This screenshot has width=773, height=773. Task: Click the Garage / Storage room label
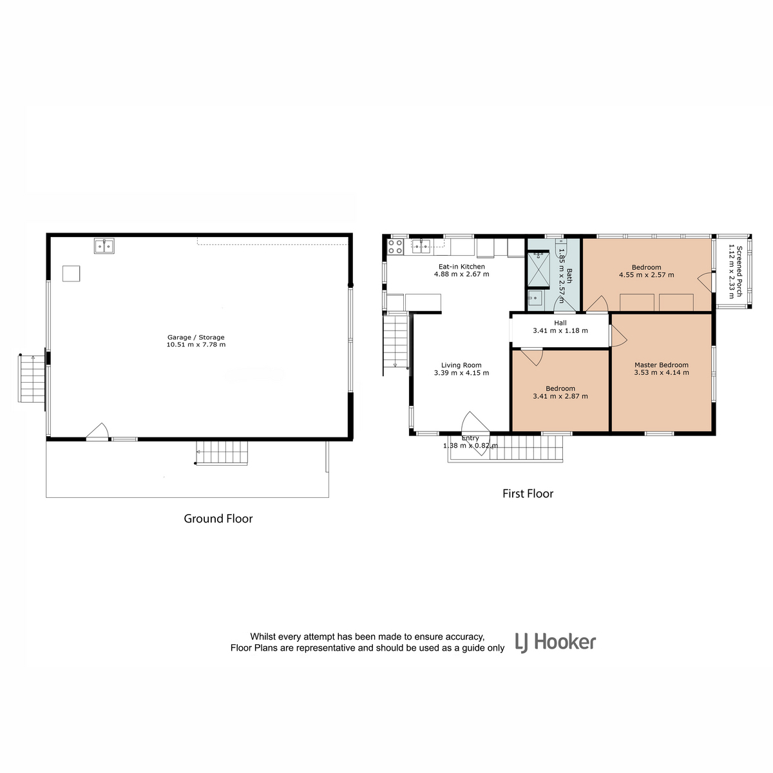pyautogui.click(x=196, y=337)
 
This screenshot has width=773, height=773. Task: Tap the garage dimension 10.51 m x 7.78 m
pyautogui.click(x=196, y=344)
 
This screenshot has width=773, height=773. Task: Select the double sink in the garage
pyautogui.click(x=104, y=246)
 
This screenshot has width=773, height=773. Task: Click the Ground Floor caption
pyautogui.click(x=218, y=519)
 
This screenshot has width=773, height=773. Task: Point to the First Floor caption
pyautogui.click(x=528, y=493)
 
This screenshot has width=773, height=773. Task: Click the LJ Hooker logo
pyautogui.click(x=555, y=642)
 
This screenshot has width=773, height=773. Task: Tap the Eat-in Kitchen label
pyautogui.click(x=461, y=266)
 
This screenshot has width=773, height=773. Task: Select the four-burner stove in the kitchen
pyautogui.click(x=395, y=246)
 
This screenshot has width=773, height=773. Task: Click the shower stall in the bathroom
pyautogui.click(x=538, y=269)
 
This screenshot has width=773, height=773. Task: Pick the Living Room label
pyautogui.click(x=461, y=365)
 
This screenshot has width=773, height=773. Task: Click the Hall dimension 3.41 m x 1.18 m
pyautogui.click(x=560, y=330)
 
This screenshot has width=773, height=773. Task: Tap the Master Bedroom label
pyautogui.click(x=661, y=365)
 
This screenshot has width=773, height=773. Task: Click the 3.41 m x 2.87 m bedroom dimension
pyautogui.click(x=560, y=396)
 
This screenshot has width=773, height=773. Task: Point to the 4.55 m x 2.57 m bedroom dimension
pyautogui.click(x=646, y=275)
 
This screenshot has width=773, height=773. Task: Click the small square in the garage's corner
pyautogui.click(x=71, y=273)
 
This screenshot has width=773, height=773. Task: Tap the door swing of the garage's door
pyautogui.click(x=97, y=431)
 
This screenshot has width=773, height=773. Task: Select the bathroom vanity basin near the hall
pyautogui.click(x=535, y=298)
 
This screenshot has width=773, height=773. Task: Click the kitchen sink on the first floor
pyautogui.click(x=421, y=246)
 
